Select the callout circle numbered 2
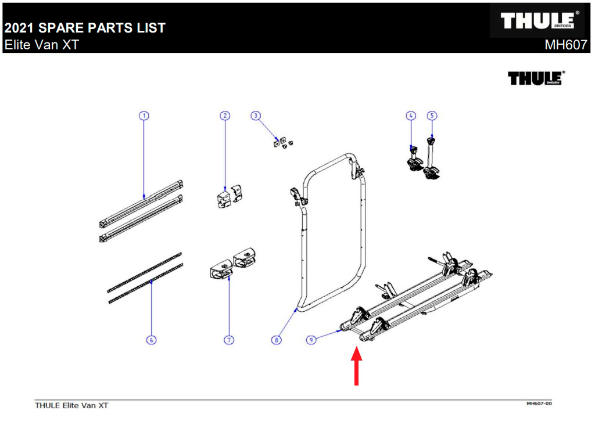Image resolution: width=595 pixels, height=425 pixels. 225,116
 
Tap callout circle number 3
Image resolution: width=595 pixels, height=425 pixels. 255,116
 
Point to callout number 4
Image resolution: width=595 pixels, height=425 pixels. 411,116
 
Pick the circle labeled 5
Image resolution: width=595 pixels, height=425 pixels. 432,116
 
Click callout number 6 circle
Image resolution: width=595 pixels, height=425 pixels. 151,340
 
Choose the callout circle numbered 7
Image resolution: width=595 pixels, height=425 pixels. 229,340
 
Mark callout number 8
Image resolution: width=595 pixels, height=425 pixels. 277,340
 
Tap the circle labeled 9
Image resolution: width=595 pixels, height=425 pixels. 312,340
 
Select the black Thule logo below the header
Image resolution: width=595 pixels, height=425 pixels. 536,78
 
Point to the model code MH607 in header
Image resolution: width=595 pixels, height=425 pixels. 565,45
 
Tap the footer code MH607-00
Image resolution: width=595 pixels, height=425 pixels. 539,403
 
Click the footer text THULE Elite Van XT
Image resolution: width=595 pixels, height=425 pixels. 71,405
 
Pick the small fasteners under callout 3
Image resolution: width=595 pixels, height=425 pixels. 282,142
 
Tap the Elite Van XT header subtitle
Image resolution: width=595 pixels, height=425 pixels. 41,45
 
